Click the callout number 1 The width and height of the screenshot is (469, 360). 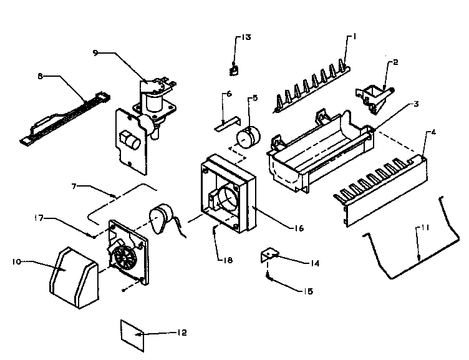[x=354, y=37]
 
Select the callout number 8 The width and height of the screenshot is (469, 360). [x=41, y=77]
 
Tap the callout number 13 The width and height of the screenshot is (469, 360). [x=247, y=38]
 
